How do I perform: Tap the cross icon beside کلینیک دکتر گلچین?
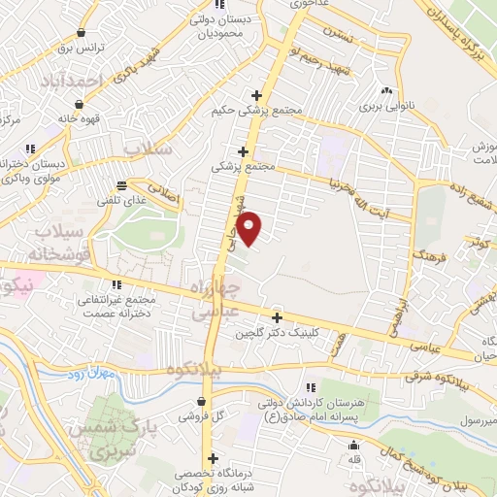(x=277, y=317)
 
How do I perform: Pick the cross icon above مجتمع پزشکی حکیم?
(x=256, y=95)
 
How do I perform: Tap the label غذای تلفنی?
(x=119, y=201)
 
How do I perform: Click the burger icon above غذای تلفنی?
(x=121, y=185)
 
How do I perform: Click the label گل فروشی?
(x=201, y=416)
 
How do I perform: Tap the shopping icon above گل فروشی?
(x=201, y=401)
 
